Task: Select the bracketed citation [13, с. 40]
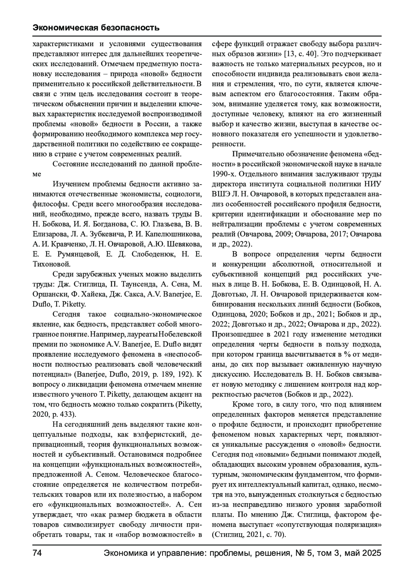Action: point(301,54)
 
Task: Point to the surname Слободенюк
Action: point(152,254)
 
